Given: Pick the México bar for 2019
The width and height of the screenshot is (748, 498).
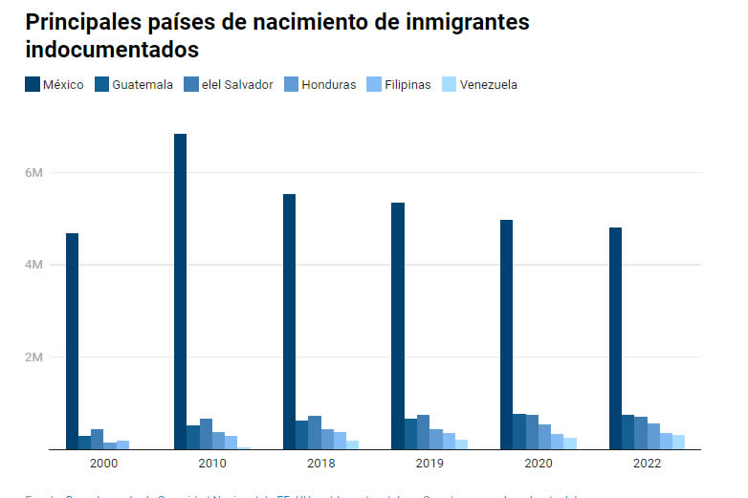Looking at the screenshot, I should pyautogui.click(x=398, y=326).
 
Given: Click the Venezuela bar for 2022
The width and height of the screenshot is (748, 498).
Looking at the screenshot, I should pyautogui.click(x=678, y=442).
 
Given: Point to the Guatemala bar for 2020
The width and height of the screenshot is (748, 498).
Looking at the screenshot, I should pyautogui.click(x=518, y=431).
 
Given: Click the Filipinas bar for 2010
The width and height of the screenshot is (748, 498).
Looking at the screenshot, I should pyautogui.click(x=231, y=443).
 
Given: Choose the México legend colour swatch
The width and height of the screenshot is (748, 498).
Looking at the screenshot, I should pyautogui.click(x=32, y=85).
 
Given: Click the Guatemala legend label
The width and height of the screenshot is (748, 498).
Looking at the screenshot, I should pyautogui.click(x=143, y=85).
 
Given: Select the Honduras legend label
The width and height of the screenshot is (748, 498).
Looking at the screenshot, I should pyautogui.click(x=328, y=85).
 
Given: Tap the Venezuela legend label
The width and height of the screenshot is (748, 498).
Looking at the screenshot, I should pyautogui.click(x=488, y=85).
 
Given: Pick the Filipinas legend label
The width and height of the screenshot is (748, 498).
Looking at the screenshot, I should pyautogui.click(x=407, y=85).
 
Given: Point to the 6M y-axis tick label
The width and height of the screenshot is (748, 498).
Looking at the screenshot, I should pyautogui.click(x=34, y=172).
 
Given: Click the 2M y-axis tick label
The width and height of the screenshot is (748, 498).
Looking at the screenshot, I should pyautogui.click(x=34, y=357).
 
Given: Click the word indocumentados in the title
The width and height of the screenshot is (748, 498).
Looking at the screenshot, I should pyautogui.click(x=112, y=48).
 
